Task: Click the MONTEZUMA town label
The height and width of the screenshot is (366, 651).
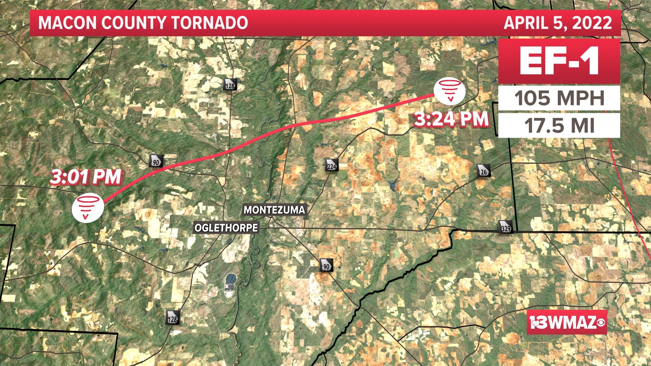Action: click(x=274, y=210)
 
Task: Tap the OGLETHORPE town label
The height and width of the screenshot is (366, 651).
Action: click(x=226, y=228)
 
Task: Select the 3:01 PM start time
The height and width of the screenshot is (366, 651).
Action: click(x=86, y=177)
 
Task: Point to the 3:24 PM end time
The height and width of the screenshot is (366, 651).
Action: click(x=451, y=119)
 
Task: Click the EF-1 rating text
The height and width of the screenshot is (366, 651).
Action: click(x=559, y=62)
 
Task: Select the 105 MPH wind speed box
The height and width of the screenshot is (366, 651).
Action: click(x=559, y=98)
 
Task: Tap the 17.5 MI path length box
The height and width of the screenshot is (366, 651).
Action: click(x=559, y=125)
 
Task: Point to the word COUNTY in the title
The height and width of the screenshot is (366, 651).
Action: click(x=134, y=23)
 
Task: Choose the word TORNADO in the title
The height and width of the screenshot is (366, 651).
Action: click(x=210, y=23)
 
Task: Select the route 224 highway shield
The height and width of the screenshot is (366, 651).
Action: click(x=332, y=165)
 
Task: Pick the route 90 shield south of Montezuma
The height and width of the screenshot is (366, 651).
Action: click(x=326, y=265)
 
